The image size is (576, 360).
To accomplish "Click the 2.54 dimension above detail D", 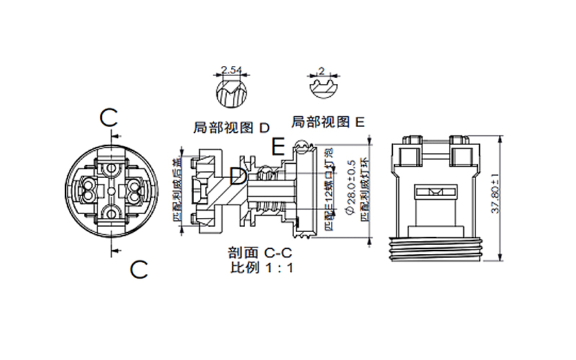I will (231, 70).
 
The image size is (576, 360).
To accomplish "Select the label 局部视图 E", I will (328, 122).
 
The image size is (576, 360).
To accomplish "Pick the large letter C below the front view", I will (138, 270).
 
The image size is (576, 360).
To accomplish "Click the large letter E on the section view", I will (279, 148).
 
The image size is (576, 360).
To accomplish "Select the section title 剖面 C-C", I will (260, 253).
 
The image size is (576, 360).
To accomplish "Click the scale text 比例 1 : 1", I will (261, 268).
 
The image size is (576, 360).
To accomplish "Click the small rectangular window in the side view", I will (436, 192).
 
